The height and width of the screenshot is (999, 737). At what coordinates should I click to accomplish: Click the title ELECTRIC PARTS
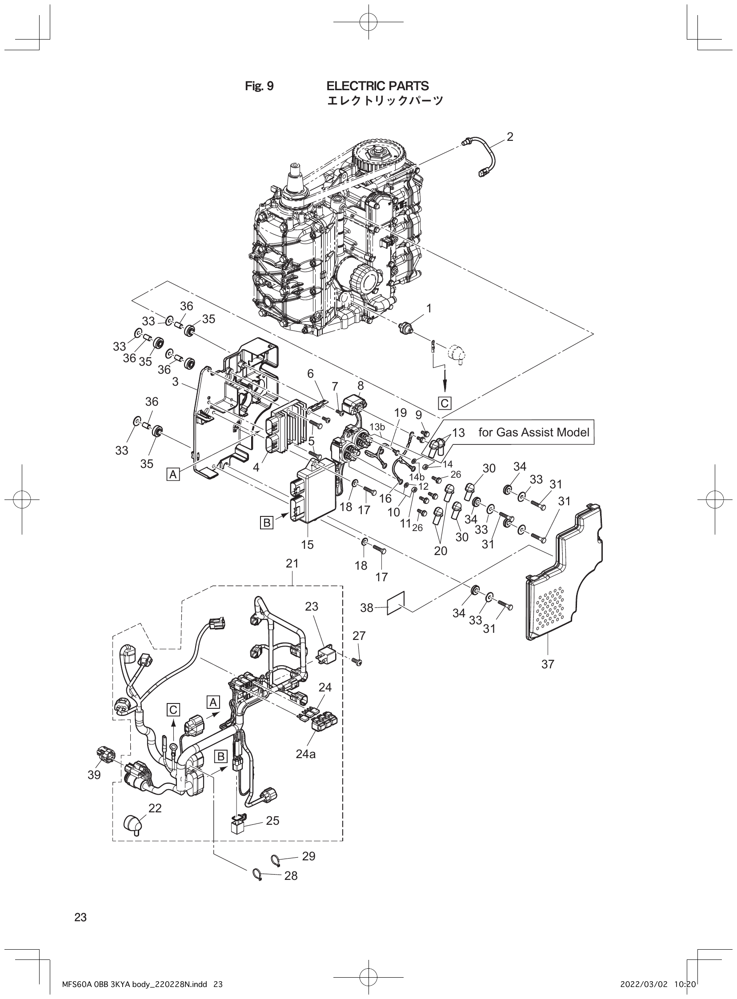[x=377, y=86]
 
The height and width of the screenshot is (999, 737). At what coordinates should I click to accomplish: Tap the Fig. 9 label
[x=259, y=86]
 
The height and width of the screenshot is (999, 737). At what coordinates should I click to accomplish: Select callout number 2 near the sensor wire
[x=510, y=137]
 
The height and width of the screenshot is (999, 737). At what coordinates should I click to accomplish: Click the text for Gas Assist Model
[x=533, y=432]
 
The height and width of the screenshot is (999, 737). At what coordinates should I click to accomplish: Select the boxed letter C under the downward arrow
[x=445, y=404]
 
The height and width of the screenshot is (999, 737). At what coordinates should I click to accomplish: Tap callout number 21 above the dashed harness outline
[x=292, y=564]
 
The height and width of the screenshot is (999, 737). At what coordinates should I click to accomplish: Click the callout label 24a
[x=305, y=754]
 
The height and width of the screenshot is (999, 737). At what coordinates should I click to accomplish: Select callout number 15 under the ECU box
[x=308, y=544]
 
